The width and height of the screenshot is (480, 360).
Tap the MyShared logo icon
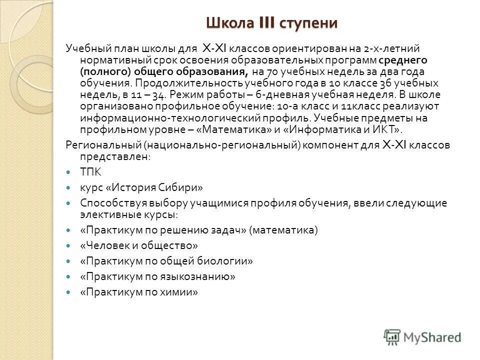(392, 336)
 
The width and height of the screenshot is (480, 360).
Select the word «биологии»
(225, 261)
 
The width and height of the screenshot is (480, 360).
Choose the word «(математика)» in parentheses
(283, 230)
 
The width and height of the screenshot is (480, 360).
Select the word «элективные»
(103, 215)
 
